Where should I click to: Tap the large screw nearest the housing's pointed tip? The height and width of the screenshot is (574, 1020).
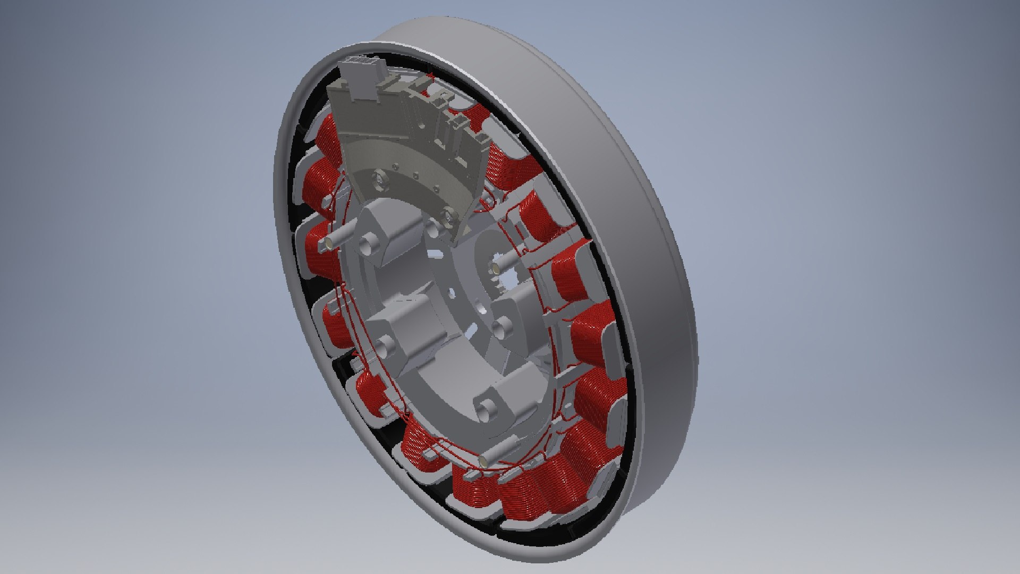point(450,217)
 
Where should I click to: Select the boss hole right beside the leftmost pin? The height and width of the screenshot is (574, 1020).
point(368,246)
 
